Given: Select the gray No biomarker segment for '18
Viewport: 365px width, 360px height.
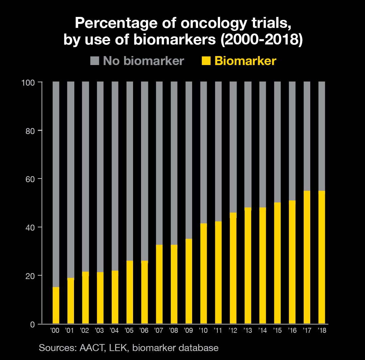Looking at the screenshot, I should point(322,136).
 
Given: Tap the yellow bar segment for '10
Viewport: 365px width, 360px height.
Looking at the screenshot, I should point(203,274).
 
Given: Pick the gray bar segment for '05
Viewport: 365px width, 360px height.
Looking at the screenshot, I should point(130,171).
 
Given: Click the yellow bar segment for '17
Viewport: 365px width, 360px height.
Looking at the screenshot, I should point(307,257).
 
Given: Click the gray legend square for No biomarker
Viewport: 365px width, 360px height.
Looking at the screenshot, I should point(95,61).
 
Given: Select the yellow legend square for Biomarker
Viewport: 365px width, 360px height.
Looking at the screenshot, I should point(206,61).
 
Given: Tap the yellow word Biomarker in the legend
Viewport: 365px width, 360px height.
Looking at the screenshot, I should point(245,61).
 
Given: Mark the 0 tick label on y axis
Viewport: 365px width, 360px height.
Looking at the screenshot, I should point(33,324).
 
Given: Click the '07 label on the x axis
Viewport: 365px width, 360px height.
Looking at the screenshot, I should point(159,331).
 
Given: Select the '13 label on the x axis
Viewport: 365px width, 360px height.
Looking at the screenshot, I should point(248,331).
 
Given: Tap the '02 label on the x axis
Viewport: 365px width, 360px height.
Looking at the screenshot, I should point(85,331).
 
